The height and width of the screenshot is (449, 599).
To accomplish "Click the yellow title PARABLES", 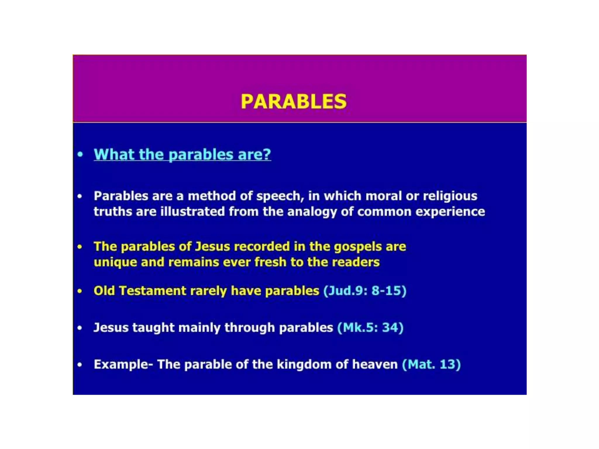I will [x=293, y=101].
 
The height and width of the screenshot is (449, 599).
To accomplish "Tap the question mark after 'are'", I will [x=267, y=154].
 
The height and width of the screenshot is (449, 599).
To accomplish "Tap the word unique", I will [x=115, y=263].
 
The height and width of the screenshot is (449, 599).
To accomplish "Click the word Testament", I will [x=152, y=291].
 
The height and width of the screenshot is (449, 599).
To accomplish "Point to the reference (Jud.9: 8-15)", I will [x=365, y=291].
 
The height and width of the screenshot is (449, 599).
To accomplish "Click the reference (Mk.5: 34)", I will [x=370, y=327].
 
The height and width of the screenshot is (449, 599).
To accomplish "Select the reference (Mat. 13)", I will [x=431, y=365].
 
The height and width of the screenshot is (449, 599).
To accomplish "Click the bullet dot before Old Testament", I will [x=80, y=291].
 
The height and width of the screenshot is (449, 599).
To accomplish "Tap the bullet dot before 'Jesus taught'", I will [x=80, y=328].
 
